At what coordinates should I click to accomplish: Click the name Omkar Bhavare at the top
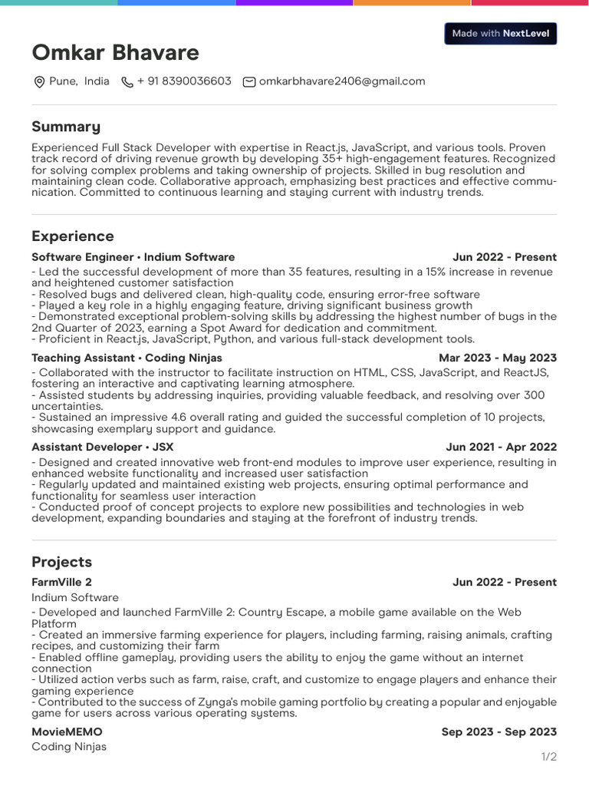(x=115, y=53)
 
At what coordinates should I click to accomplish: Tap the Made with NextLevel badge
(x=500, y=34)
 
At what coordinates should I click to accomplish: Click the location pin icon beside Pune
(x=39, y=82)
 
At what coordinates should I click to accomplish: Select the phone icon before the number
(x=127, y=82)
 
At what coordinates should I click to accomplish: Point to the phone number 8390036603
(x=184, y=81)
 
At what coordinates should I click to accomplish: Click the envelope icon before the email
(x=249, y=82)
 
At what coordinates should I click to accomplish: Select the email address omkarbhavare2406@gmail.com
(x=342, y=81)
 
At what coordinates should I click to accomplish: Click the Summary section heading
(x=66, y=127)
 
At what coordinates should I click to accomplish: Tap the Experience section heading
(x=73, y=236)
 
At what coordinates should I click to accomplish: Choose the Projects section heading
(x=61, y=562)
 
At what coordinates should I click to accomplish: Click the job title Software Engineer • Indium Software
(x=133, y=257)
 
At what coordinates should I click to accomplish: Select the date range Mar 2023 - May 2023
(x=498, y=358)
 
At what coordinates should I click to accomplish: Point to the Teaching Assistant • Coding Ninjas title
(x=127, y=358)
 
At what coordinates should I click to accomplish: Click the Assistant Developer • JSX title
(x=103, y=447)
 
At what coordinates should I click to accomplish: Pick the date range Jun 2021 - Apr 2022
(x=501, y=447)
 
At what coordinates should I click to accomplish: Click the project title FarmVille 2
(x=61, y=583)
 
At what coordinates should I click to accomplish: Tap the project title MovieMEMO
(x=67, y=732)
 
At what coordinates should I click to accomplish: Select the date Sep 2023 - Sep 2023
(x=499, y=732)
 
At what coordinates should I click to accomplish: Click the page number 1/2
(x=549, y=757)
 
